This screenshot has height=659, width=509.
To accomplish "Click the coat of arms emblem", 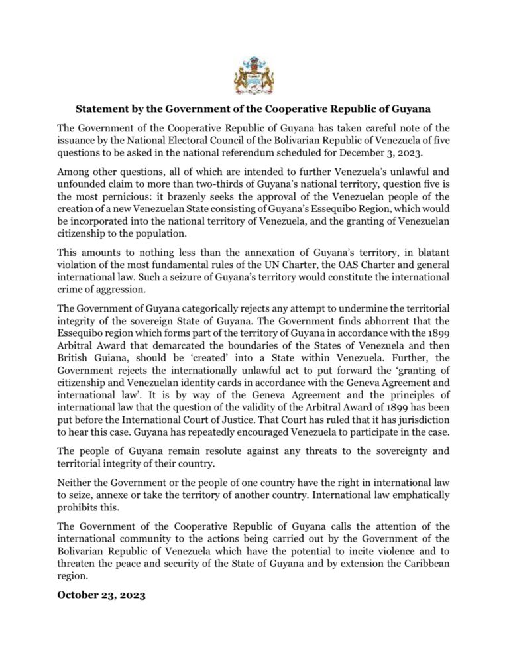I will point(254,75).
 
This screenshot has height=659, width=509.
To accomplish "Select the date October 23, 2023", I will point(101,595).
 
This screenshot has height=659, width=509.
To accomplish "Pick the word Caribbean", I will point(425,563).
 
